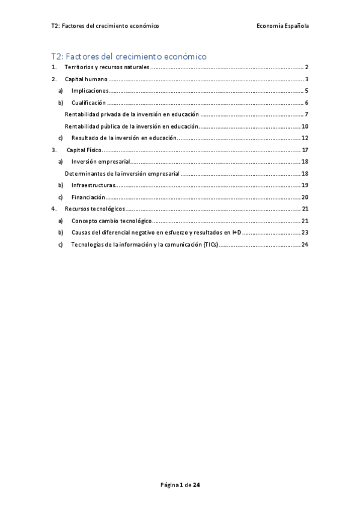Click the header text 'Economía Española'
point(282,26)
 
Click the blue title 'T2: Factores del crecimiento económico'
point(129,57)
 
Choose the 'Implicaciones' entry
point(90,91)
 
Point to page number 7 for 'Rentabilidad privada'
point(306,114)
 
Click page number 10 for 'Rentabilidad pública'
point(305,126)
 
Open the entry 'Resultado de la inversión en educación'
point(123,138)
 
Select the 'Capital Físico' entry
point(85,150)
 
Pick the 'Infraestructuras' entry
point(93,185)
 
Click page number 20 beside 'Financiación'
point(305,197)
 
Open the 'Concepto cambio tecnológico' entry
point(111,221)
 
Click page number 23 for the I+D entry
point(305,232)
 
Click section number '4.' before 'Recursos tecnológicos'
point(54,209)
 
